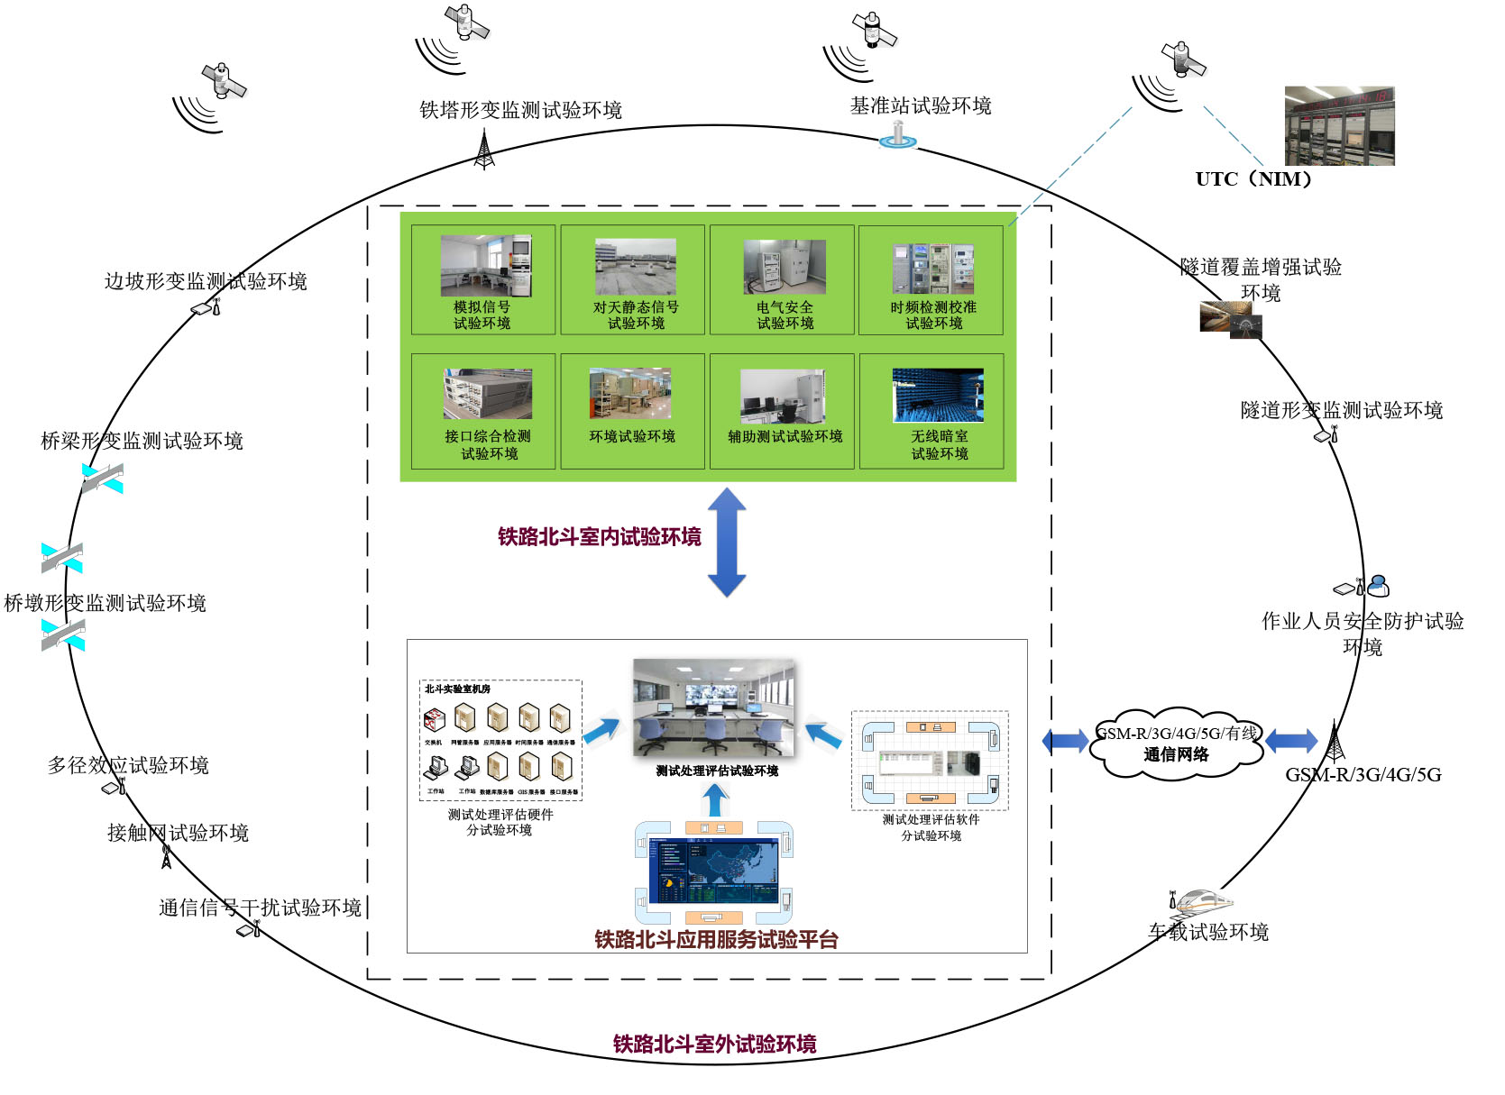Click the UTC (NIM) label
pos(1253,178)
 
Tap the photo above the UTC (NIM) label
pos(1339,126)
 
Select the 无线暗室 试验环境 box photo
pos(938,395)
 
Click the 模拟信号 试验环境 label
pos(482,315)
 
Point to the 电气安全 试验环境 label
pos(785,315)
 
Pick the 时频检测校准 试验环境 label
pos(933,315)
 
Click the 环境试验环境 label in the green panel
pos(632,436)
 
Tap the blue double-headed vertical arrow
pos(727,542)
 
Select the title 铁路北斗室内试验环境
pos(600,537)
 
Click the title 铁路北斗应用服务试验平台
pos(716,939)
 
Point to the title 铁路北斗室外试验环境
pos(714,1044)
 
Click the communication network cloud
pos(1176,744)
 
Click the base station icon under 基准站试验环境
pos(897,135)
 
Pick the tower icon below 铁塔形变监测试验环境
pos(484,149)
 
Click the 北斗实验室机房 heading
pos(457,689)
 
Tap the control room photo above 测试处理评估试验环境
pos(713,707)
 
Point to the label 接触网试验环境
pos(178,833)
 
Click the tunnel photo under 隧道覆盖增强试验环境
pos(1230,320)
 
